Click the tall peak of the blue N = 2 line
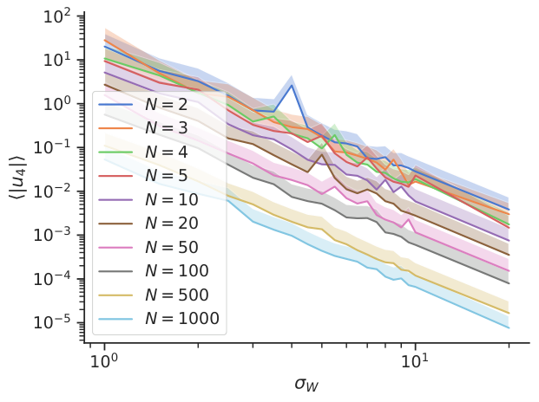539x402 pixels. tap(293, 85)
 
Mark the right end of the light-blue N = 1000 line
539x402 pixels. tap(509, 327)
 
